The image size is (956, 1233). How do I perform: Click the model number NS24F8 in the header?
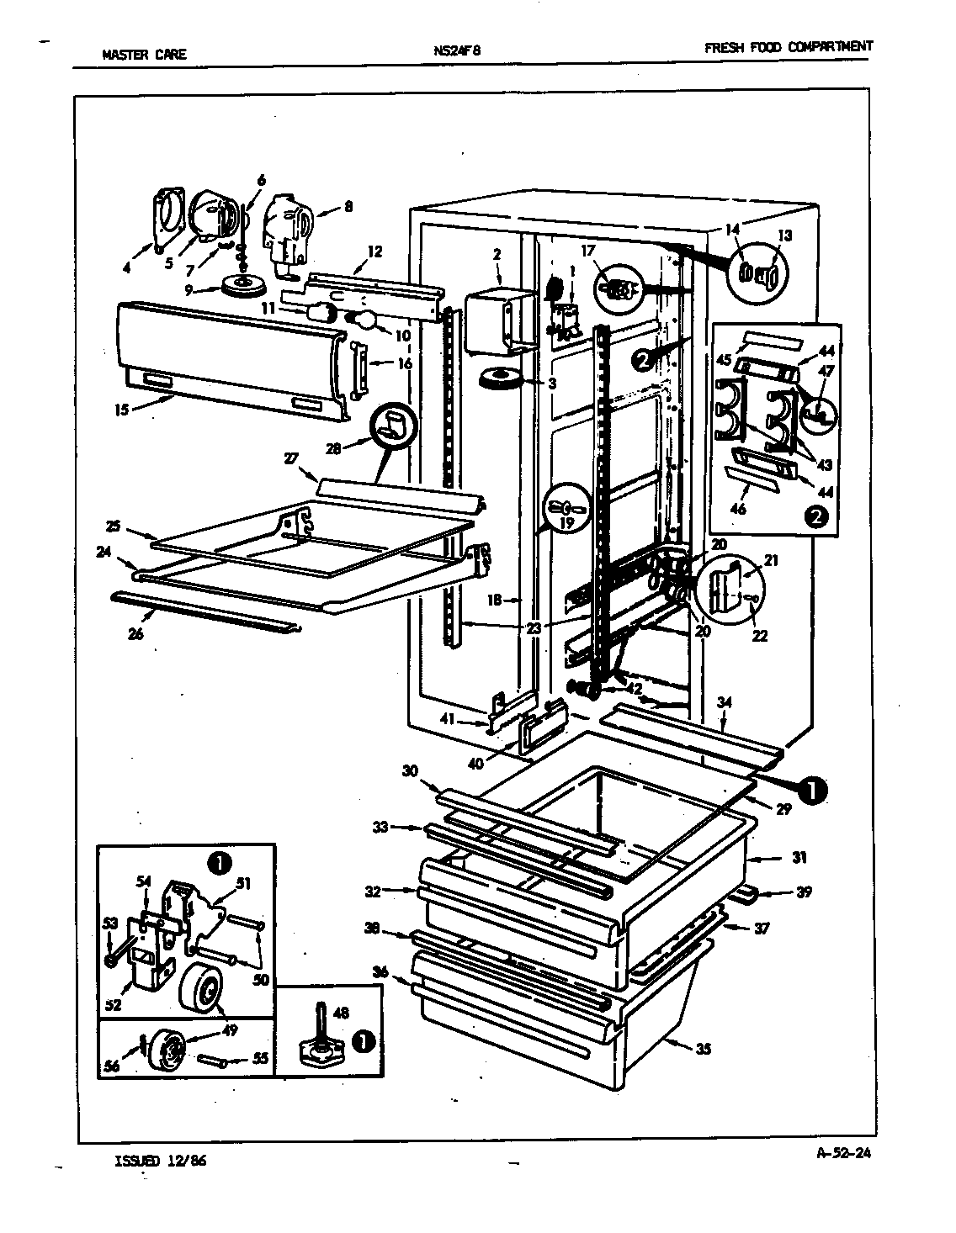457,50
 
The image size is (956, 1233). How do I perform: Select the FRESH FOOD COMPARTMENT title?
788,47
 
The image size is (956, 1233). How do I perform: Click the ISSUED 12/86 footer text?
159,1162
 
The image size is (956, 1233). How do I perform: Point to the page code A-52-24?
843,1154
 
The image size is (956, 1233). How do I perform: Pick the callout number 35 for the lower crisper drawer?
704,1048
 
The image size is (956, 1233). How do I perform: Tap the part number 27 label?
290,458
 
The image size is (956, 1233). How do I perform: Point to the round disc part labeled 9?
242,286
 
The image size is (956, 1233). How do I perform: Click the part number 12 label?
374,250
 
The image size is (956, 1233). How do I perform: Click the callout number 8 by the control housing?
348,204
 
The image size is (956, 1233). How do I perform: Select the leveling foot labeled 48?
319,1045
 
